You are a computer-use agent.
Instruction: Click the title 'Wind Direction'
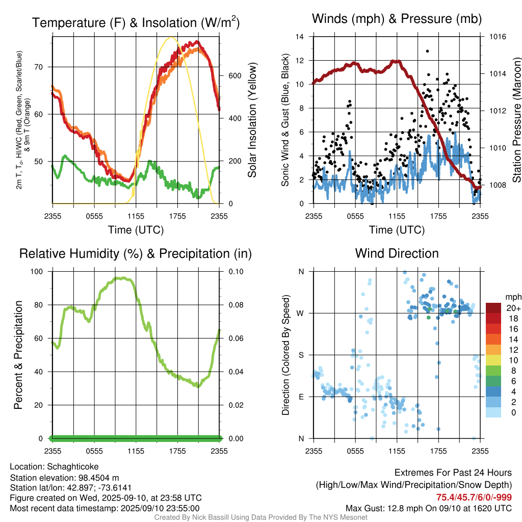pyautogui.click(x=397, y=253)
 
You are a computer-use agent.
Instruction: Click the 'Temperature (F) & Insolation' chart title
pyautogui.click(x=136, y=22)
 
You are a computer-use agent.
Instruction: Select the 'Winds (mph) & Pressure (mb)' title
pyautogui.click(x=397, y=19)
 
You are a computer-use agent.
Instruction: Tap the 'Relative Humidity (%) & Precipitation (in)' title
pyautogui.click(x=136, y=253)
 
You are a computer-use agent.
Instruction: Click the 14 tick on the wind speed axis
pyautogui.click(x=300, y=37)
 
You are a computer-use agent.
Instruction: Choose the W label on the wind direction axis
pyautogui.click(x=301, y=314)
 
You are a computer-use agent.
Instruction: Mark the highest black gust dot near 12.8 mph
pyautogui.click(x=427, y=51)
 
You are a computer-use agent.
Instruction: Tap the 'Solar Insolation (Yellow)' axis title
pyautogui.click(x=252, y=120)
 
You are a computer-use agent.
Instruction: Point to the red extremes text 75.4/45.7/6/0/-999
pyautogui.click(x=474, y=497)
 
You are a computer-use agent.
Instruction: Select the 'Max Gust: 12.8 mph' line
pyautogui.click(x=429, y=508)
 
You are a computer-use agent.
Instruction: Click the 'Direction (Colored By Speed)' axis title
pyautogui.click(x=286, y=355)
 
